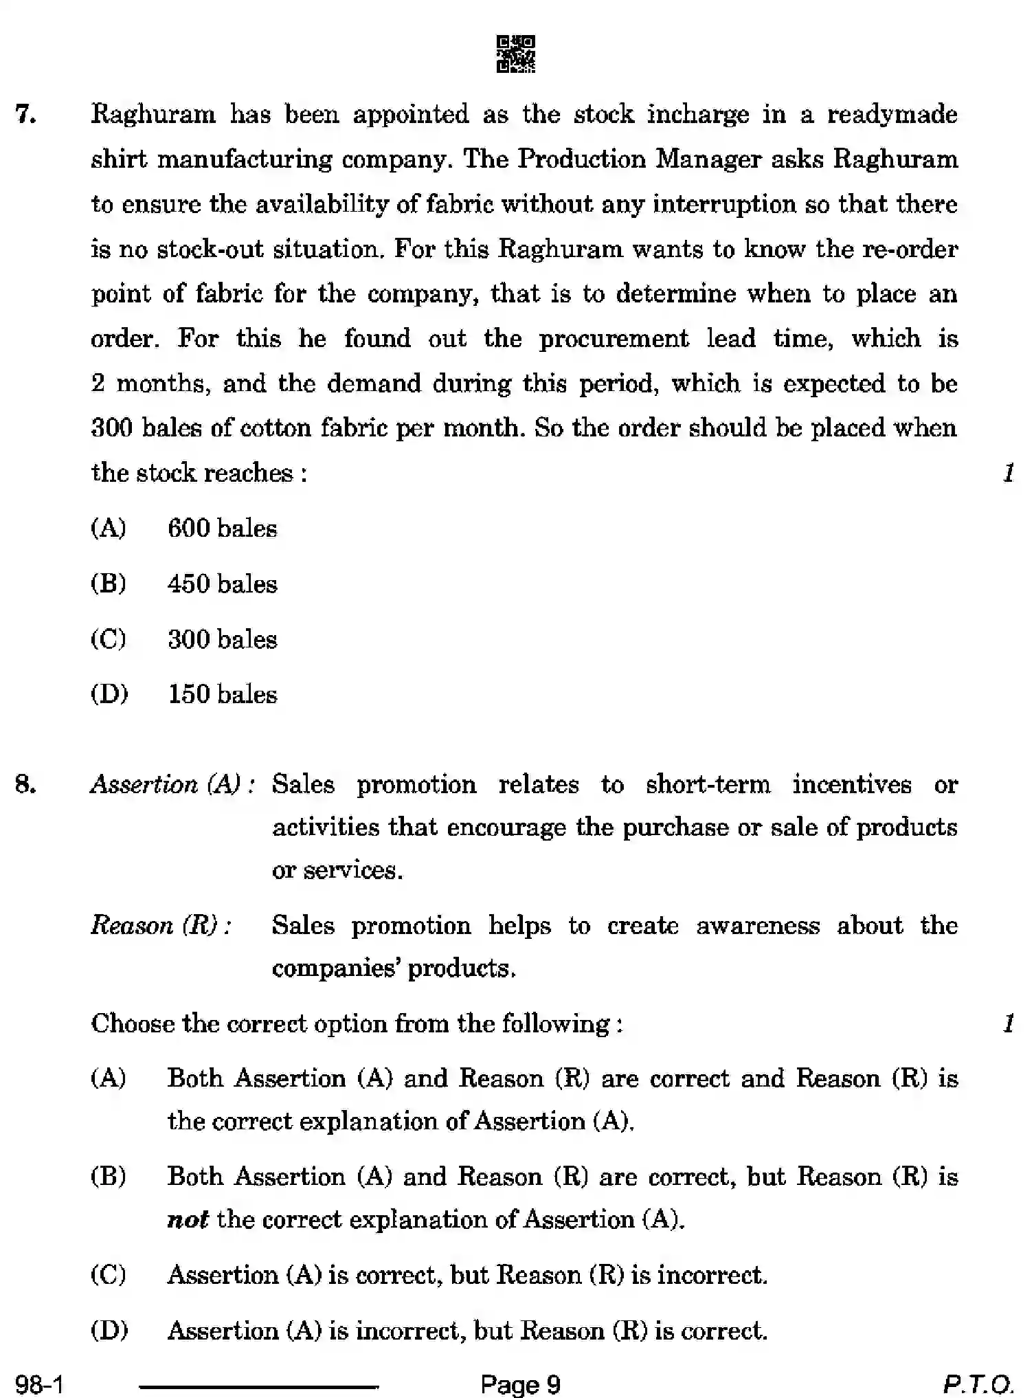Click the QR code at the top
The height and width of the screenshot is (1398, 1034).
(515, 54)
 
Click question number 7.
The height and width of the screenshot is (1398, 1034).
(26, 114)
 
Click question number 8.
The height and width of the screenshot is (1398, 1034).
(25, 784)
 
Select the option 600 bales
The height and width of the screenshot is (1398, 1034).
(222, 529)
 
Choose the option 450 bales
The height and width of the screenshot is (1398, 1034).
(222, 584)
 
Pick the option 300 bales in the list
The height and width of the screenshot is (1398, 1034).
(222, 639)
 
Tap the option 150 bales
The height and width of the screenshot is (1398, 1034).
(222, 694)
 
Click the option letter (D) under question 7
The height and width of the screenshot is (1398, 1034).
(109, 694)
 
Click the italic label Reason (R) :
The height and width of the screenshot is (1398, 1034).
(161, 925)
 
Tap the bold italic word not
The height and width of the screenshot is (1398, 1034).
(187, 1220)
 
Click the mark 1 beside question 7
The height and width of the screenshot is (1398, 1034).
(1008, 473)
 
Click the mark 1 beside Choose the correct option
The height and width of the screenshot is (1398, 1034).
(1008, 1024)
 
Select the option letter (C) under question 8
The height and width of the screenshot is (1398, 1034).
(109, 1275)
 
